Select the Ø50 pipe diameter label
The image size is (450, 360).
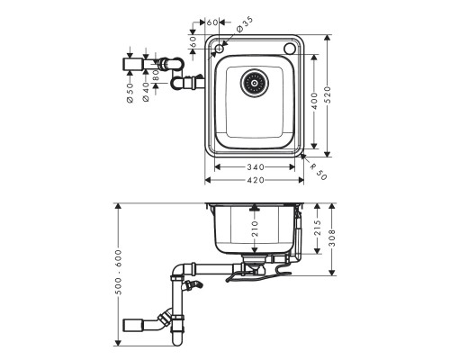point(130,93)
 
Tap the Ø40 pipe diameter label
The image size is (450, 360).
point(143,93)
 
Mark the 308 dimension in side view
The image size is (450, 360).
point(334,238)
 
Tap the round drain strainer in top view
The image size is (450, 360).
point(254,84)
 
